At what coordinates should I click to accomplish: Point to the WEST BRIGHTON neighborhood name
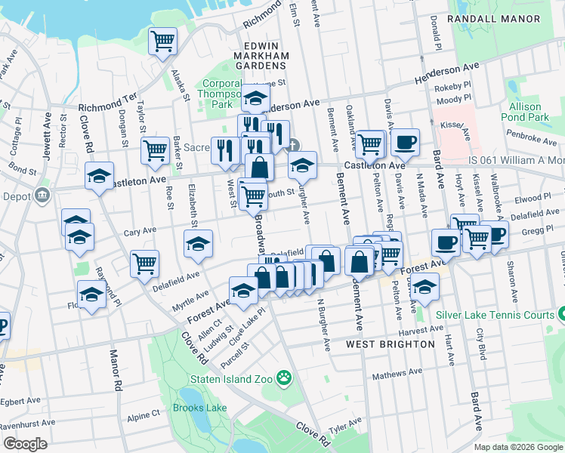[x=390, y=344]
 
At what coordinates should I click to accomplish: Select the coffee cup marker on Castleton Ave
[x=405, y=142]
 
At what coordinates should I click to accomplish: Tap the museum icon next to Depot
[x=42, y=196]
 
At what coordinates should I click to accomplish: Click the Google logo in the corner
[x=26, y=444]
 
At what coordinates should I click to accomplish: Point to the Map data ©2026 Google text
[x=518, y=447]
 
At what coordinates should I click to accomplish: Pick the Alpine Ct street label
[x=144, y=414]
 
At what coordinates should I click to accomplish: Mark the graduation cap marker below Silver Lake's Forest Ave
[x=426, y=288]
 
